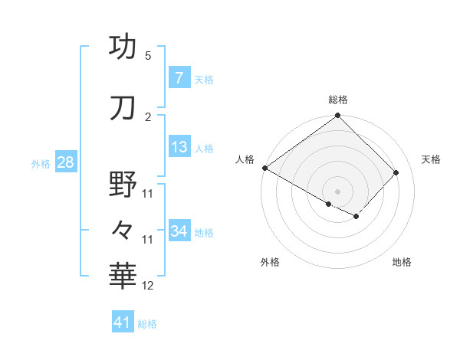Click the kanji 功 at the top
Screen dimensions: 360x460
point(123,47)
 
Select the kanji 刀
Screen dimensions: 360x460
point(123,108)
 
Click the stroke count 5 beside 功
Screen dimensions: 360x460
point(148,56)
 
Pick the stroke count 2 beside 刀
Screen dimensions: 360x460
point(148,117)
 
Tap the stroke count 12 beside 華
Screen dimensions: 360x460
point(149,286)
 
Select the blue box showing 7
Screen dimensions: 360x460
point(179,78)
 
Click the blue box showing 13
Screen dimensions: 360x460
point(179,147)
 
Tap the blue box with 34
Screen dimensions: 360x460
point(179,231)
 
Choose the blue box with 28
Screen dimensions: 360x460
point(65,162)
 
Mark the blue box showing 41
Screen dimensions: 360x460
point(123,323)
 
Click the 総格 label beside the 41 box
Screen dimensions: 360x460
point(147,324)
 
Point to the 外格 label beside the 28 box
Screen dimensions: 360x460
point(41,163)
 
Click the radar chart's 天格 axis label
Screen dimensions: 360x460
point(431,159)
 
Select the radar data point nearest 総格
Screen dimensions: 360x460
point(337,116)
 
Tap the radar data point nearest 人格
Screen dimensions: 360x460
point(264,168)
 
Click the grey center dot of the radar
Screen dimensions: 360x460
point(337,191)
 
